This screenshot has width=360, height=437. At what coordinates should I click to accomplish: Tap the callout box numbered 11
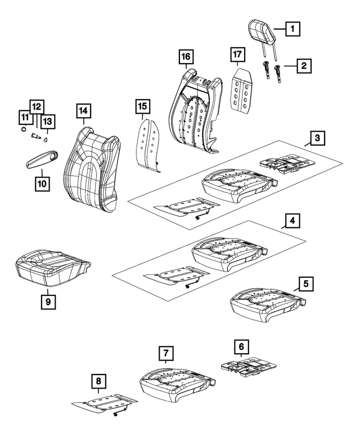(24, 117)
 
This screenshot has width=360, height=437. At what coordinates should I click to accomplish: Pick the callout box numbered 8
(98, 382)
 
